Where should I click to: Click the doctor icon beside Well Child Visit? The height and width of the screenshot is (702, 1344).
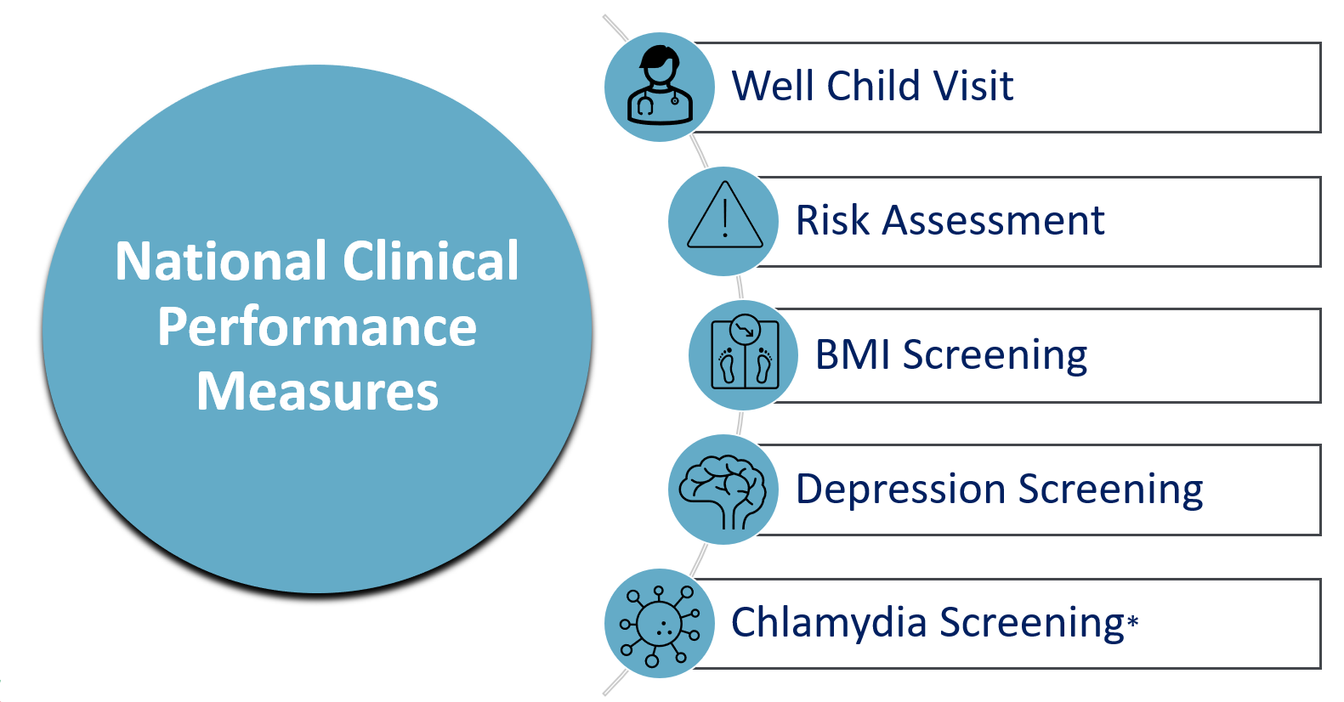[x=660, y=87]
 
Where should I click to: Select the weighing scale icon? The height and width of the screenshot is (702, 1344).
[x=744, y=355]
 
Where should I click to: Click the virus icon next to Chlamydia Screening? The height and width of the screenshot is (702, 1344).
[x=660, y=625]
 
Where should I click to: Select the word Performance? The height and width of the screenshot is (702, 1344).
[x=317, y=327]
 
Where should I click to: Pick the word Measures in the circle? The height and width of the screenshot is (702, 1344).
[x=317, y=392]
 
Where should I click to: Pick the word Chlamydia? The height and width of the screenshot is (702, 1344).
[x=829, y=622]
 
